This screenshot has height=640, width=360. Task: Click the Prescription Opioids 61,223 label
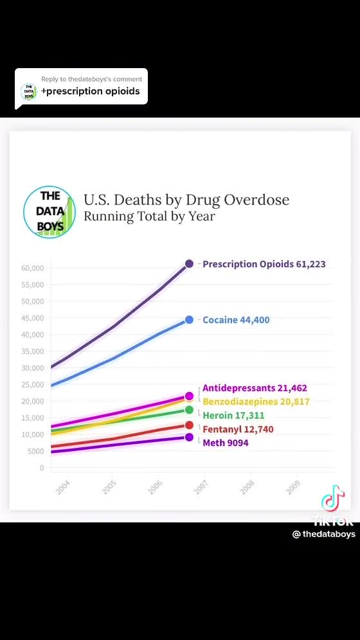pos(264,264)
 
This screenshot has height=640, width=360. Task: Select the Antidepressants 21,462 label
pos(255,388)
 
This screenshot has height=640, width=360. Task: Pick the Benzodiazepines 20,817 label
pos(256,402)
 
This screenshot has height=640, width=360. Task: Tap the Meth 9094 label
pos(225,443)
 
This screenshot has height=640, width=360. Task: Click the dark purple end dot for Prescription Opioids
pos(189,263)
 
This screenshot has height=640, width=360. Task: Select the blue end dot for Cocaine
pos(189,320)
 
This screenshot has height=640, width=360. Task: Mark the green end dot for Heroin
pos(189,410)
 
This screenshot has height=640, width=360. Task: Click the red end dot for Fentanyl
pos(189,425)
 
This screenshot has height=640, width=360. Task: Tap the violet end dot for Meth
pos(189,438)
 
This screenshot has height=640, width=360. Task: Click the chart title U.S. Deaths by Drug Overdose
pos(186,200)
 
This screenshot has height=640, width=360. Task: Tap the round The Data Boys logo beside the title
pos(50,211)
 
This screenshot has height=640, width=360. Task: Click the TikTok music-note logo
pos(333,498)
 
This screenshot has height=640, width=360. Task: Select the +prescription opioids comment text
pos(90,91)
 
